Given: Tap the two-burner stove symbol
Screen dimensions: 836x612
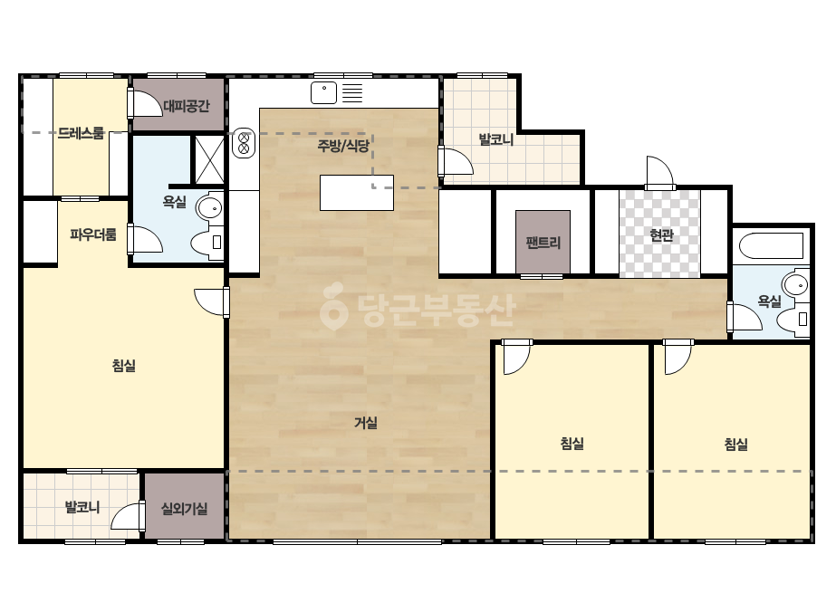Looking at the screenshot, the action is coord(244,143).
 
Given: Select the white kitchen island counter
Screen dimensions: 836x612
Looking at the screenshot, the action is coord(357,193).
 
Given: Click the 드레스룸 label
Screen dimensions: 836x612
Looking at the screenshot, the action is coord(81,133).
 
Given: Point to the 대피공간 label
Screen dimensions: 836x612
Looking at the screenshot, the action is coord(186,106).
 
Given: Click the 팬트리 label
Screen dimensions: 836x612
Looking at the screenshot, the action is coord(543,243).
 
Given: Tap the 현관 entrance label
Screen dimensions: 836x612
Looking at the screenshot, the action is coord(662,234).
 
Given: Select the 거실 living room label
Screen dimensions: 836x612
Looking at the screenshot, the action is coord(366,423).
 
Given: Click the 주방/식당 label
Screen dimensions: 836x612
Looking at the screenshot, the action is coord(343,145).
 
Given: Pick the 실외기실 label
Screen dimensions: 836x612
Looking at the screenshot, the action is coord(185,509).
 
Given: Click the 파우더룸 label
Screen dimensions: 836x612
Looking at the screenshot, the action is coord(92,234).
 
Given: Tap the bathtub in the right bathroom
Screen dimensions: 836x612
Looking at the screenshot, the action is coord(771,245).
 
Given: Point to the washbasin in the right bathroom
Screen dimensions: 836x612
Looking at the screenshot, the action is coord(795,285).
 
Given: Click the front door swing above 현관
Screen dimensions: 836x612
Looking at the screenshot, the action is coord(659,172).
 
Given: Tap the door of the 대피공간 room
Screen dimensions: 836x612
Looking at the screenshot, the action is coord(145,103).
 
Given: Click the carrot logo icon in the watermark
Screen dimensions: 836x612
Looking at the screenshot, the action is coord(333,306).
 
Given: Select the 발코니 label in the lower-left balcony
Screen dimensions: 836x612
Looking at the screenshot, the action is coord(82,506).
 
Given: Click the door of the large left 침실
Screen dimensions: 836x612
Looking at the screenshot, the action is coord(212,301).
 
